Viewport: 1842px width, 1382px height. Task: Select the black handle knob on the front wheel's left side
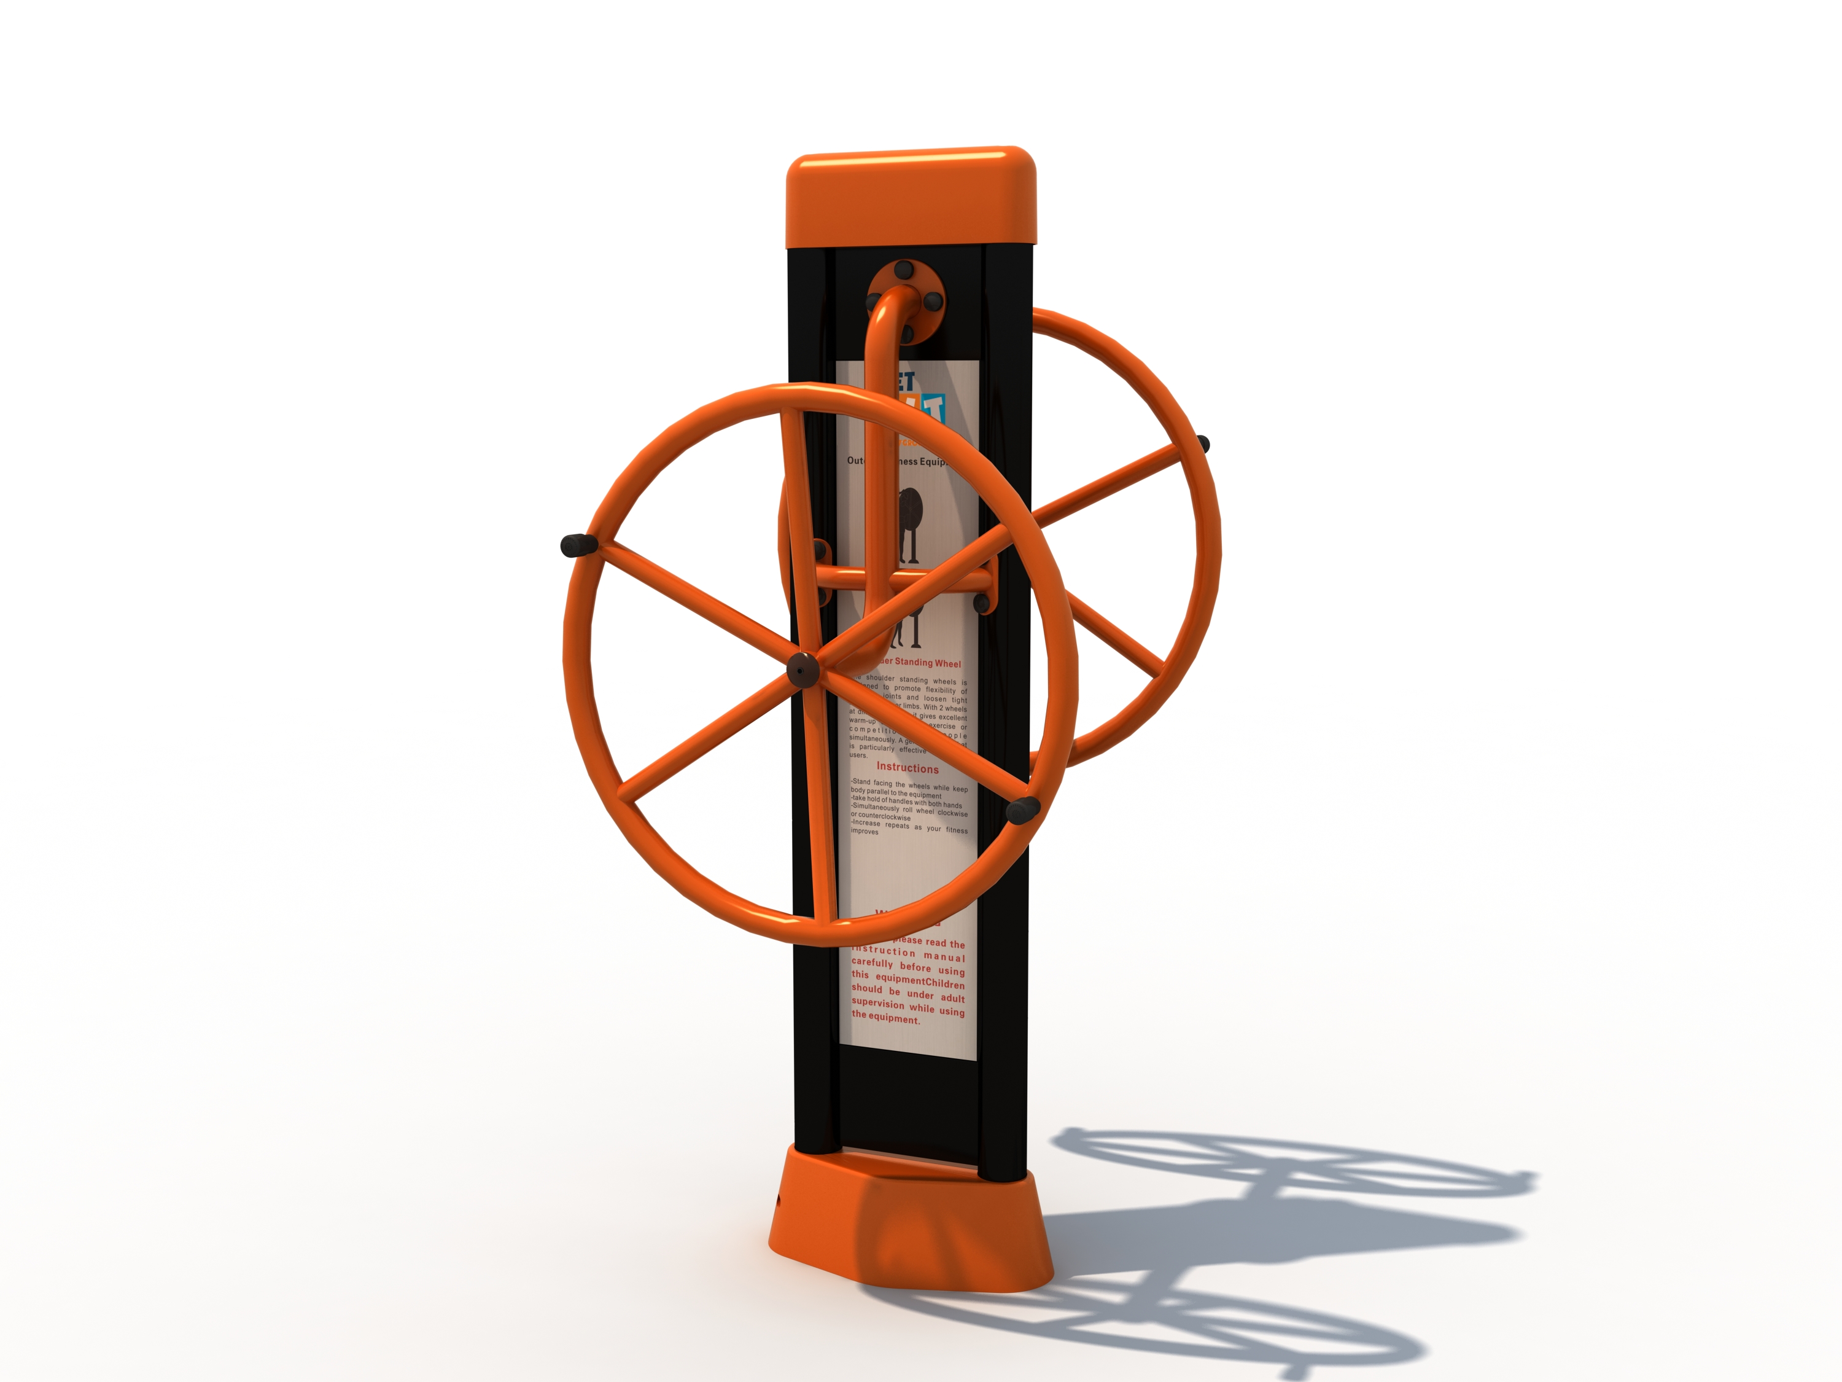tap(578, 547)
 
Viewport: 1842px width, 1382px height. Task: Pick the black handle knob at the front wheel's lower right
tap(1022, 809)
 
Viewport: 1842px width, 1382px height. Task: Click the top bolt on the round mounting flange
tap(904, 270)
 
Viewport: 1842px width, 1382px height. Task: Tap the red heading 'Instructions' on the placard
tap(907, 768)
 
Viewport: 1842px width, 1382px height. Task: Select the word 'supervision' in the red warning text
tap(877, 1003)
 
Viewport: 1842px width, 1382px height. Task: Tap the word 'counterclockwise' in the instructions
tap(881, 817)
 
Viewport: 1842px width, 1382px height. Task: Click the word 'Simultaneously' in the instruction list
tap(875, 807)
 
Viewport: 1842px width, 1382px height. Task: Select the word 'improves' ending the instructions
tap(865, 832)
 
